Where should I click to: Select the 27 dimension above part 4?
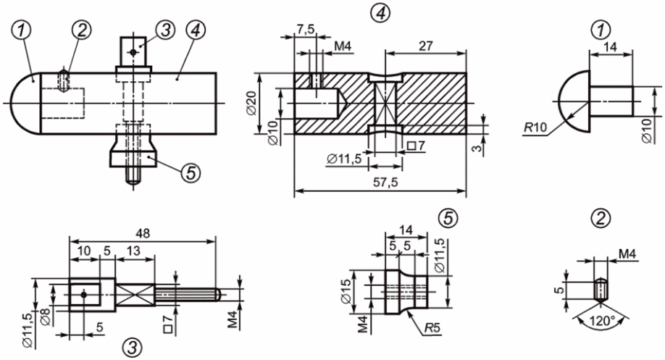point(425,46)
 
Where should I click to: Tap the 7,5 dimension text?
point(306,30)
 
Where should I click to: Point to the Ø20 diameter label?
point(251,104)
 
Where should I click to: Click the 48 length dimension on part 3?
point(143,233)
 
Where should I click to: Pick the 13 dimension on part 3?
point(133,251)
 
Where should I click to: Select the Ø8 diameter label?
point(46,317)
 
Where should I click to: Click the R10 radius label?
point(535,127)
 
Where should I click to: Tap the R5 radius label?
point(432,328)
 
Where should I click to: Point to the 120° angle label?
point(602,321)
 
